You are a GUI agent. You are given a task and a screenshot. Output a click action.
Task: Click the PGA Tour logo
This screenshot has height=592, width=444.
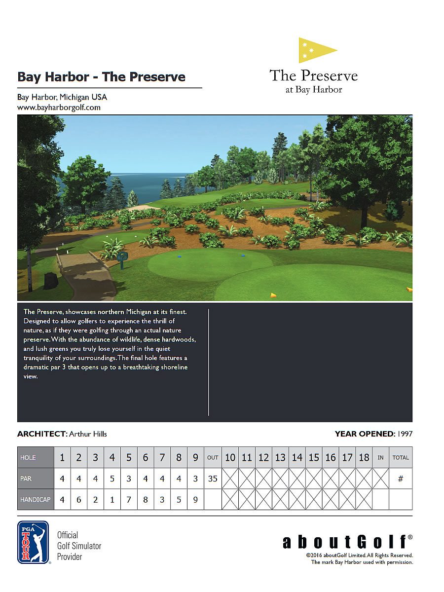pos(33,542)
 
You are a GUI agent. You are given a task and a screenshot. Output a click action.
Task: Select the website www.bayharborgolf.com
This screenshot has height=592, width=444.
pos(59,107)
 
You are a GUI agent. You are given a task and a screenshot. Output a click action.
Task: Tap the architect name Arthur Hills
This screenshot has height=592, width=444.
pos(88,434)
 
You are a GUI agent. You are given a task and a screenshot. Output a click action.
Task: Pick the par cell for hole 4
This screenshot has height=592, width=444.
pos(112,479)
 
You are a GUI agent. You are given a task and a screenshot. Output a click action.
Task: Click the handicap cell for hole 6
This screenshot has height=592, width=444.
pos(146,500)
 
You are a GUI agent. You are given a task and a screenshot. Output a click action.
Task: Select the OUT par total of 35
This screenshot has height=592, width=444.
pos(213,479)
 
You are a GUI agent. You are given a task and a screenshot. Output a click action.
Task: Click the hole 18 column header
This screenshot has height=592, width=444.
pos(364,457)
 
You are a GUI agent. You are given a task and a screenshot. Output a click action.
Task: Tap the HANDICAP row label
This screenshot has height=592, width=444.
pos(36,500)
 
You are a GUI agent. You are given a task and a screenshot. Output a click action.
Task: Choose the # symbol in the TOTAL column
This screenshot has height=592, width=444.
pos(401,479)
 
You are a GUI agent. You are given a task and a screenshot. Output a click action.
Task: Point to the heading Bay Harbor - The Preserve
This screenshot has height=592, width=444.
pos(101,77)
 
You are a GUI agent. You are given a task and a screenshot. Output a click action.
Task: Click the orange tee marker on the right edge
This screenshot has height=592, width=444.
pos(409,289)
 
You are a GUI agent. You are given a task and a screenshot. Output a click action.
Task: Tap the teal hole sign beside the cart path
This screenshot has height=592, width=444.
pos(122,256)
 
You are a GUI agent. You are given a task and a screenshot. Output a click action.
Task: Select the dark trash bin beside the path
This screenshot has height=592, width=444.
pos(51,280)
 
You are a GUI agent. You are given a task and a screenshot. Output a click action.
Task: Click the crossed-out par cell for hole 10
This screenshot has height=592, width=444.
pos(230,479)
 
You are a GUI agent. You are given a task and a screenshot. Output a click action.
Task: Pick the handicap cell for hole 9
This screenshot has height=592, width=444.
pos(195,500)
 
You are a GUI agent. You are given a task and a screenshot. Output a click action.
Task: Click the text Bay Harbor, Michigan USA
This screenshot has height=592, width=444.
pos(62,97)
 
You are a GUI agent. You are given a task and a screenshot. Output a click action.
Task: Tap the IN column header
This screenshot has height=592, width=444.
pos(380,457)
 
